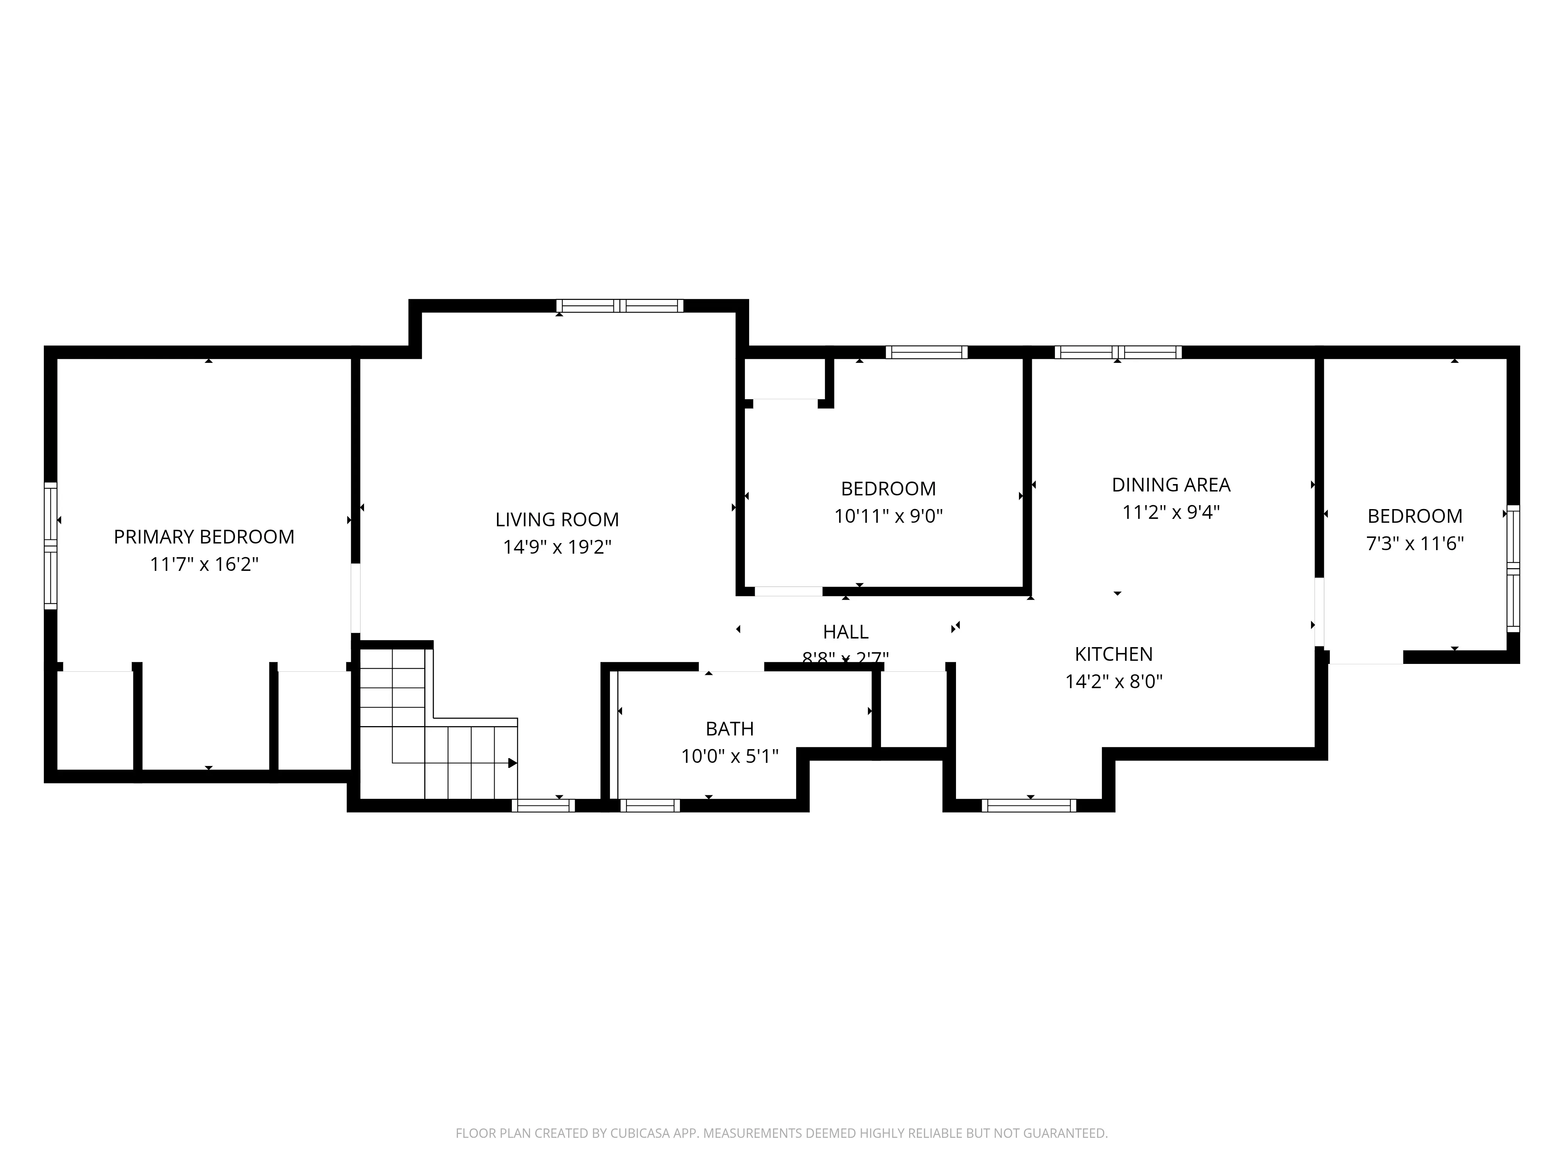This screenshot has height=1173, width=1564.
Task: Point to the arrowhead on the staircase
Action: pyautogui.click(x=513, y=763)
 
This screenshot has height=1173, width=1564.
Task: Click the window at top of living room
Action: pyautogui.click(x=619, y=306)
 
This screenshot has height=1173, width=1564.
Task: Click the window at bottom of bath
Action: pyautogui.click(x=650, y=805)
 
